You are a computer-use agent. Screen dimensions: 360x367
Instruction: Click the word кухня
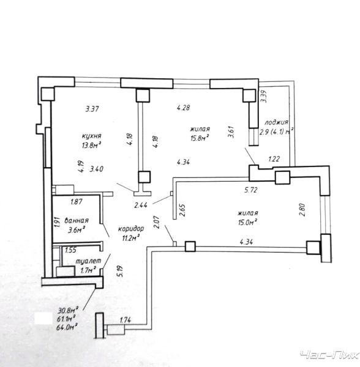pos(92,136)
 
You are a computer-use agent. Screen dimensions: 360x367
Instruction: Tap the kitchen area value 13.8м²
pos(91,146)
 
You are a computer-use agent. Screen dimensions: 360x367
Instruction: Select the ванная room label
pos(77,220)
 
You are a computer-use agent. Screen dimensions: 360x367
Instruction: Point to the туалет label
pos(89,261)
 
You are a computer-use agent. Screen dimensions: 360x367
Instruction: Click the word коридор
pos(131,229)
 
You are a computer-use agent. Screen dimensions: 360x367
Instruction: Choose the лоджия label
pos(276,122)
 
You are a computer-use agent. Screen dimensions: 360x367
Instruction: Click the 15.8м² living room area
pos(200,138)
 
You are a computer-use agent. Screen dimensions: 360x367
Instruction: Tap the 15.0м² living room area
pos(248,222)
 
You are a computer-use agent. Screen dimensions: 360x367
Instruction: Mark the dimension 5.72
pos(251,190)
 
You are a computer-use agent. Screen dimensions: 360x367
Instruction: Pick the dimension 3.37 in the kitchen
pos(92,109)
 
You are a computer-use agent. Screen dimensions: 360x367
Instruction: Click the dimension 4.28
pos(184,108)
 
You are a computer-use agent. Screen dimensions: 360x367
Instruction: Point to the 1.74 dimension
pos(126,320)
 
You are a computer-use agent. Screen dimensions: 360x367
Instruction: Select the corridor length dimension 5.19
pos(119,271)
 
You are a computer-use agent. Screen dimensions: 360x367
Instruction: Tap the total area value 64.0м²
pos(67,327)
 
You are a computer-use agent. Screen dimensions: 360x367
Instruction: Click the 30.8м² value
pos(68,310)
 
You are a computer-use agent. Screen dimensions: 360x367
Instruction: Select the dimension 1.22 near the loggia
pos(274,159)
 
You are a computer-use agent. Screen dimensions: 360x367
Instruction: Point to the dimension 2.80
pos(302,210)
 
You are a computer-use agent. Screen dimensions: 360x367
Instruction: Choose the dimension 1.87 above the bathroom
pos(77,202)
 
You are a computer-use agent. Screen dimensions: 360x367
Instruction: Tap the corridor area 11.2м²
pos(131,239)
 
